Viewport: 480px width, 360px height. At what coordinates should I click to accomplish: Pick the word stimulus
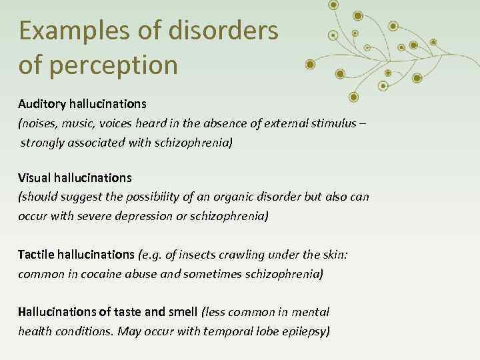328,123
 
